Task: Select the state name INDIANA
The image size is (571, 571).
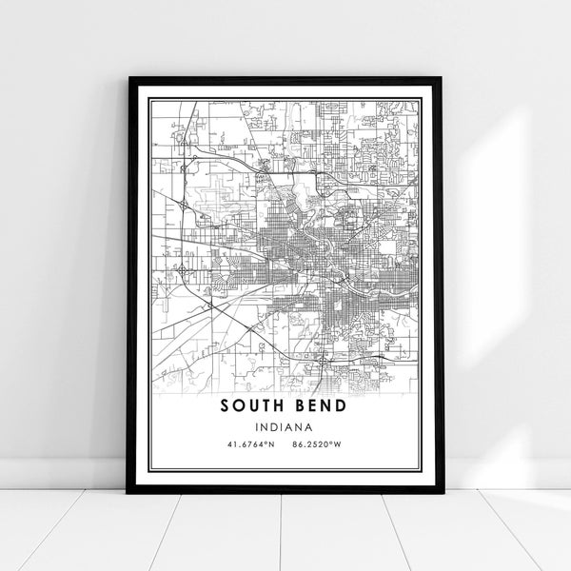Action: pyautogui.click(x=285, y=427)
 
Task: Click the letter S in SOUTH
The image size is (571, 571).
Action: pyautogui.click(x=226, y=405)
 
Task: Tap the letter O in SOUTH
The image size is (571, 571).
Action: pyautogui.click(x=239, y=405)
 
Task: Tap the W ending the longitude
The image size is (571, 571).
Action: pyautogui.click(x=340, y=444)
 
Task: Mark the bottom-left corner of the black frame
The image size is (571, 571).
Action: pyautogui.click(x=128, y=493)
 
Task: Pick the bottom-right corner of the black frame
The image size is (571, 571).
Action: pyautogui.click(x=443, y=493)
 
